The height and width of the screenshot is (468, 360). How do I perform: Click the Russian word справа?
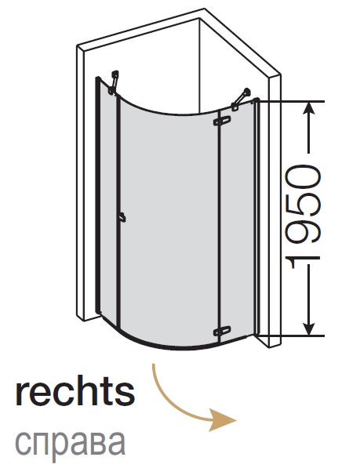click(x=71, y=442)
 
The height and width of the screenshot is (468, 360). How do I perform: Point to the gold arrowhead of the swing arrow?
click(x=223, y=420)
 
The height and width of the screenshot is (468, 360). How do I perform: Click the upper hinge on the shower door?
click(x=222, y=121)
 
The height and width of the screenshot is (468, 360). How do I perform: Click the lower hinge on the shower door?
click(x=222, y=331)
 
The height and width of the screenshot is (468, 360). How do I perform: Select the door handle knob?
click(x=122, y=217)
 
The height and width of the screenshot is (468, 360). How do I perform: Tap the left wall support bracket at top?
click(x=114, y=82)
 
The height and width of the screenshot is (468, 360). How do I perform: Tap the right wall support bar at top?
click(x=241, y=98)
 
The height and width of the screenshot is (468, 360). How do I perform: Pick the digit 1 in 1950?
click(x=303, y=263)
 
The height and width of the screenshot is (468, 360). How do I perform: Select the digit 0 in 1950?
click(x=303, y=176)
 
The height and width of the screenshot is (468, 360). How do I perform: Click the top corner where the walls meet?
click(x=199, y=19)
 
